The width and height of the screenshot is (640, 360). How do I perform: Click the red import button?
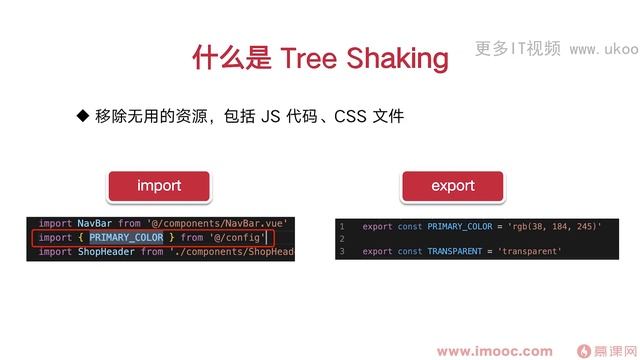[x=159, y=186]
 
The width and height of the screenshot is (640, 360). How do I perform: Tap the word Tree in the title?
[x=315, y=58]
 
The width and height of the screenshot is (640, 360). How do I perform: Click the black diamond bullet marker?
[x=83, y=117]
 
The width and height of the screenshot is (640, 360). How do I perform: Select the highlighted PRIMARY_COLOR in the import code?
[x=126, y=237]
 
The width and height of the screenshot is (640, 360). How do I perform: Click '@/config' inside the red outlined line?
[x=238, y=237]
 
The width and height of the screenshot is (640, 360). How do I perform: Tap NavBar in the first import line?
[x=95, y=223]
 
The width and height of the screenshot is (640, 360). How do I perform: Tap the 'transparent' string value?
[x=530, y=251]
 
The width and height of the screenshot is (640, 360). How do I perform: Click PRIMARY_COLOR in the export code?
[x=464, y=227]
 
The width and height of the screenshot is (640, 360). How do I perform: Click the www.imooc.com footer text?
[x=495, y=350]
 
